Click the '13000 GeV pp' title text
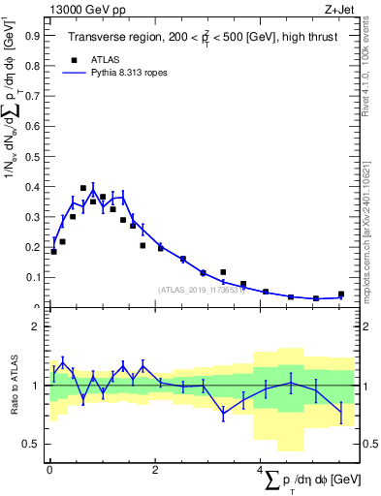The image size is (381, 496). pos(86,9)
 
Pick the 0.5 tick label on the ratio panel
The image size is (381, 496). pos(29,444)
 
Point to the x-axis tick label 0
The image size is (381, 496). pos(49,471)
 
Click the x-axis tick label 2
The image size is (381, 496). pos(155,471)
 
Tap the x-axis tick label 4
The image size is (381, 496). pos(261,471)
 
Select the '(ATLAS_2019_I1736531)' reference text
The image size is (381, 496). pos(199,289)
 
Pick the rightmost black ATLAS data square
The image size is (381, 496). pos(340,294)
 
